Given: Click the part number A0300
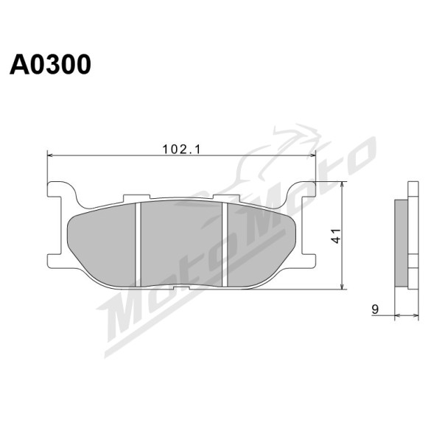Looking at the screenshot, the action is [x=50, y=64].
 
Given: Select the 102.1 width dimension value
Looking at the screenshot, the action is [x=181, y=150].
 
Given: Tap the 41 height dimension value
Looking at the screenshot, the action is [x=337, y=236].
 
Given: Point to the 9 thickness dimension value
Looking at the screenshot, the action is [x=375, y=309].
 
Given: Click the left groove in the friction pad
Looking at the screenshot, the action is [x=138, y=245].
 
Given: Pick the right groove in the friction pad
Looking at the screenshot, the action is [x=225, y=245].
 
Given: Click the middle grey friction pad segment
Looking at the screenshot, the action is [x=181, y=243].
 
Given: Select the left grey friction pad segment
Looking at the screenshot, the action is [x=102, y=245].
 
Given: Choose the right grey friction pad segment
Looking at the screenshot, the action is [x=261, y=245].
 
